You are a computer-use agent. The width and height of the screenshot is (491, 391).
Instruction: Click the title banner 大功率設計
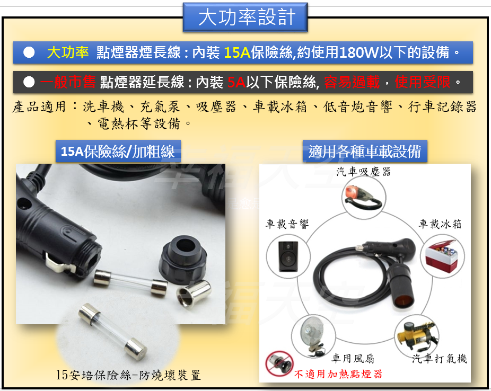pos(245,17)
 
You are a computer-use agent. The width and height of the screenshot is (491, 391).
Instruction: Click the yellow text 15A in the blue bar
pos(237,52)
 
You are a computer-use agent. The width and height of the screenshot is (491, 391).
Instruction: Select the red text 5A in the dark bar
pos(236,82)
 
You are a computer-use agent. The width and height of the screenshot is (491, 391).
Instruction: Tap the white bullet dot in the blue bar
pos(29,52)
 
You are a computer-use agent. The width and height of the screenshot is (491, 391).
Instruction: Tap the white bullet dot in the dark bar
pos(29,82)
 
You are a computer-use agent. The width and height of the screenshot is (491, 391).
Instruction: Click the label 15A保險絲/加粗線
pos(118,152)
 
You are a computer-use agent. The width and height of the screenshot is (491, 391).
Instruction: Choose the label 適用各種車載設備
pos(365,152)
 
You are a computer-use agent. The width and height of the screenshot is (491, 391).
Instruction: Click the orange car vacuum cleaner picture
pos(363,197)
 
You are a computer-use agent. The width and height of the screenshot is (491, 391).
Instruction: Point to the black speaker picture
pos(288,256)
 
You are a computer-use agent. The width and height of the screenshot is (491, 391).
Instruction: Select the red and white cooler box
pos(442,256)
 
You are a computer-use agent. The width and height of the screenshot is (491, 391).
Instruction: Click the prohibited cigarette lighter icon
pos(279,363)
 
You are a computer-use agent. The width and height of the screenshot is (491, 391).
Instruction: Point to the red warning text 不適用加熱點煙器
pos(338,374)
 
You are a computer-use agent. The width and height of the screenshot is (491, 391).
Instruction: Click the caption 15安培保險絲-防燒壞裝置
pos(128,375)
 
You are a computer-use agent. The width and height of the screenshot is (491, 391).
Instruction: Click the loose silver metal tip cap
pos(194,293)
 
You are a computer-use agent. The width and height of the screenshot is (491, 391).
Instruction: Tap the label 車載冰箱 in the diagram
pos(440,224)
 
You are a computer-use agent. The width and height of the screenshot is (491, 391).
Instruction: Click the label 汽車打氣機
pos(440,359)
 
